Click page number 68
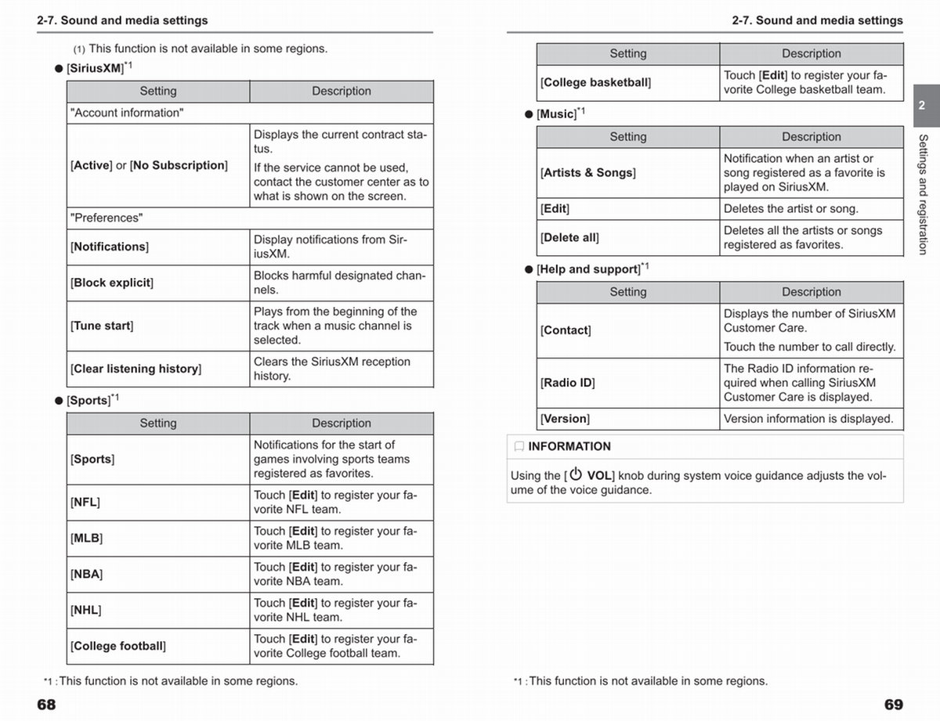tap(46, 705)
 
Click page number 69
tap(893, 705)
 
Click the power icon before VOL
tap(576, 474)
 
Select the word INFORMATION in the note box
tap(569, 446)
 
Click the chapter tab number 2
tap(921, 105)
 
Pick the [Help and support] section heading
tap(588, 269)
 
